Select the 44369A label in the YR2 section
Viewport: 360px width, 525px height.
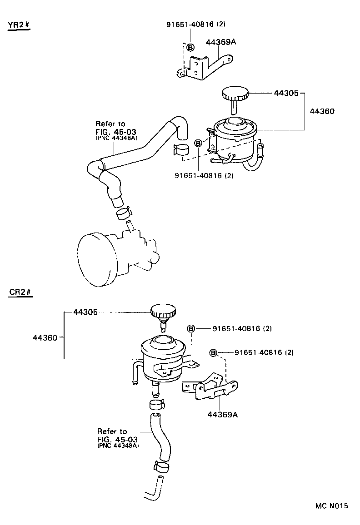[221, 42]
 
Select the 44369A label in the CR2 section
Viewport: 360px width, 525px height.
[223, 414]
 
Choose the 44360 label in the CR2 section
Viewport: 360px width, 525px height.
[45, 337]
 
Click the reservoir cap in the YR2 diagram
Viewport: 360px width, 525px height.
[235, 95]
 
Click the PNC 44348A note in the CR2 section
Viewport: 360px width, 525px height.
[118, 446]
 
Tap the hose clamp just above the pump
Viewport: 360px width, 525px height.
[123, 212]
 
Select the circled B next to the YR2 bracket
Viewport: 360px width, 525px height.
[190, 47]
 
